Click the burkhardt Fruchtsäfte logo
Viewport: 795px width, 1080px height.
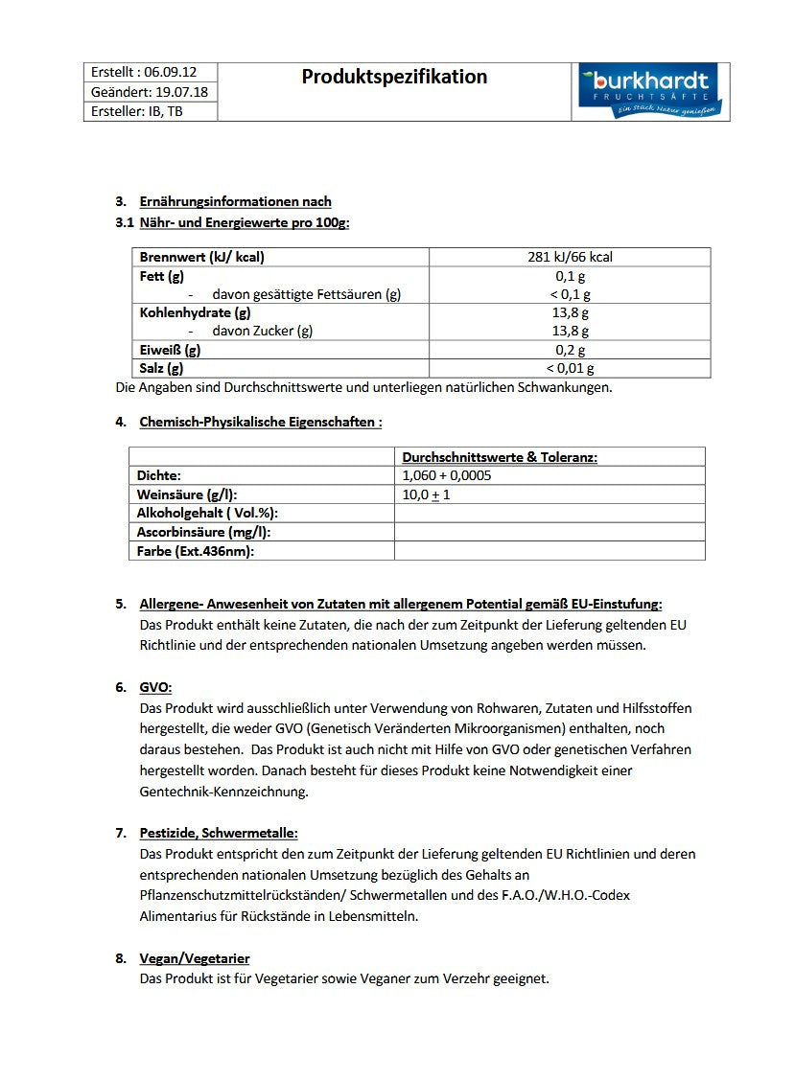point(650,92)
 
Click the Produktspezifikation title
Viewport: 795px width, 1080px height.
point(394,77)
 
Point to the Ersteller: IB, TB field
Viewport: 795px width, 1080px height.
point(137,111)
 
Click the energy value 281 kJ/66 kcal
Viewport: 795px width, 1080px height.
point(570,257)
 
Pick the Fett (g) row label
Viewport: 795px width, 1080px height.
point(162,276)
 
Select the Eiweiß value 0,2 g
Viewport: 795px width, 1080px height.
point(570,350)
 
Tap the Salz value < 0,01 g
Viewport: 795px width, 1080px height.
point(570,368)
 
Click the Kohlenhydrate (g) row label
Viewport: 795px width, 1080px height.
point(196,312)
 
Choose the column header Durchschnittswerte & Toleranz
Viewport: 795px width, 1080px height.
point(500,457)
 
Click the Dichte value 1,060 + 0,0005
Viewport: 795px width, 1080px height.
point(447,475)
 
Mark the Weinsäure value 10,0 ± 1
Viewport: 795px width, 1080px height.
point(427,494)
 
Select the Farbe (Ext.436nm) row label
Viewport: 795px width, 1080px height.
point(196,551)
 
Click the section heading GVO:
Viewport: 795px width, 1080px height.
point(155,687)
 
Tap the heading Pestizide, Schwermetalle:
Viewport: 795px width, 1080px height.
point(219,833)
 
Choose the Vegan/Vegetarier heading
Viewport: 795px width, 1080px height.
point(195,958)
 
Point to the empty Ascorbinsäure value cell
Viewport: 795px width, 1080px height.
point(549,532)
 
